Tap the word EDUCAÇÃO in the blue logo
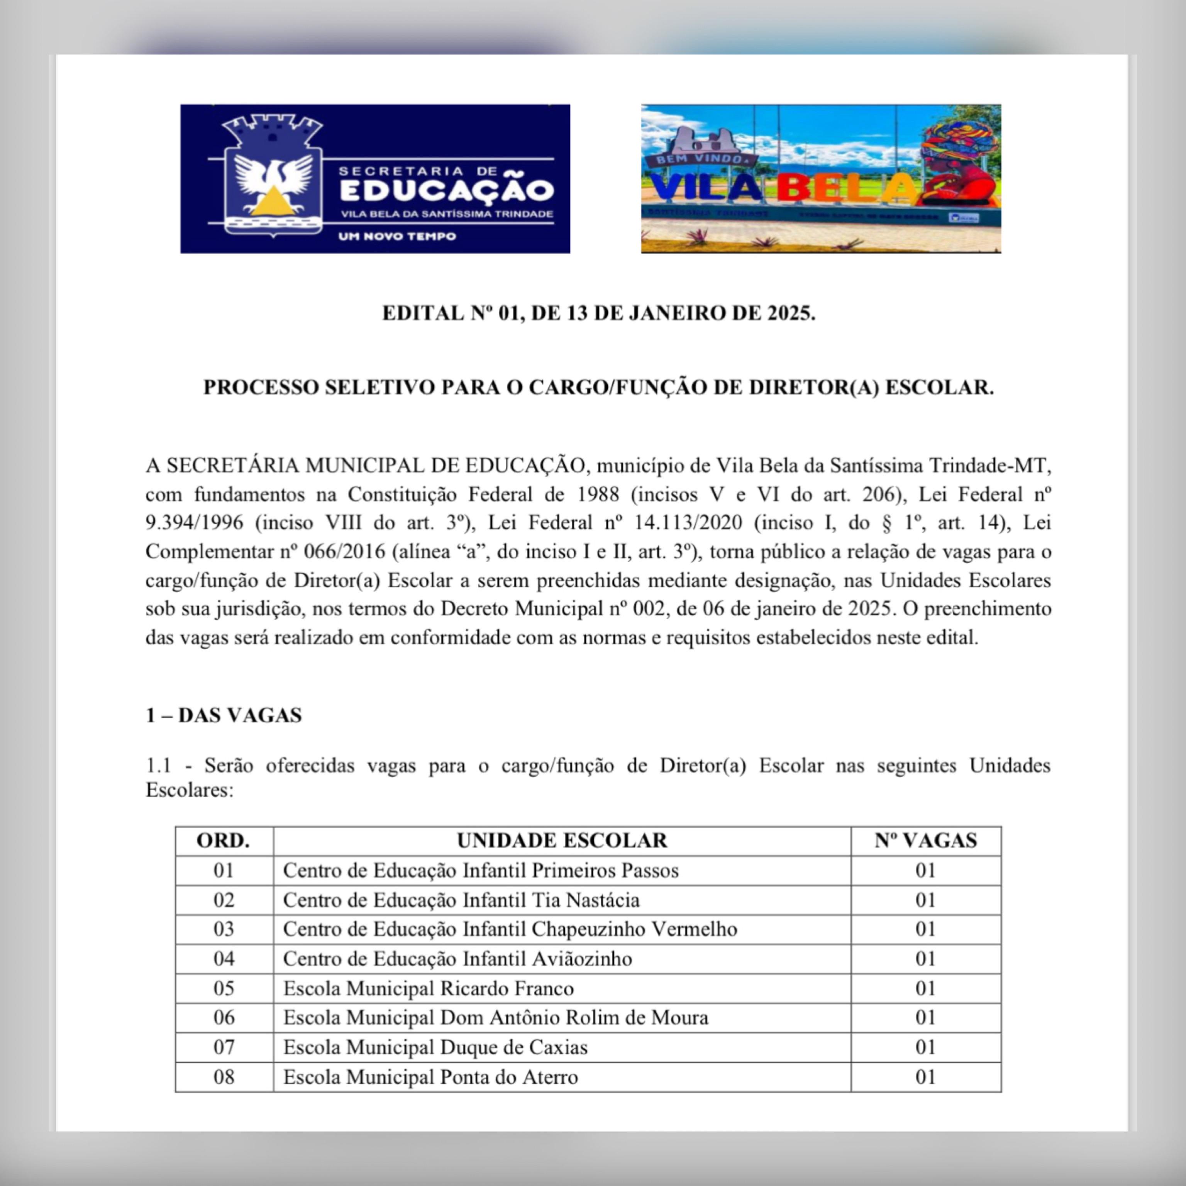446,190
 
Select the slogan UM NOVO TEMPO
397,236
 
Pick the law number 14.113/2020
688,523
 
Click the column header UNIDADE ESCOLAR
562,840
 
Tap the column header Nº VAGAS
925,840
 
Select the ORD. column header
224,840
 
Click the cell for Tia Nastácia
461,900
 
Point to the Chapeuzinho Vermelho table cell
510,929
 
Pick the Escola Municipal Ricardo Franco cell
428,988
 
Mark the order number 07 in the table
224,1047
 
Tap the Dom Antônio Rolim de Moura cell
495,1018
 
